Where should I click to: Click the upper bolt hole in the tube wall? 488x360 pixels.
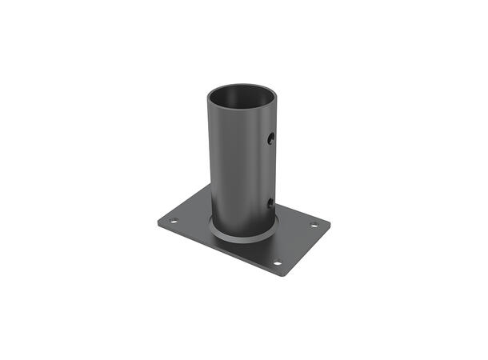271,139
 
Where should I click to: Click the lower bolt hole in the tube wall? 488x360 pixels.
271,202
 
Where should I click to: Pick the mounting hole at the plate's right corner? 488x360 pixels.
314,225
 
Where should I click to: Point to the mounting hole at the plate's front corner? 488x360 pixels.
278,262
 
